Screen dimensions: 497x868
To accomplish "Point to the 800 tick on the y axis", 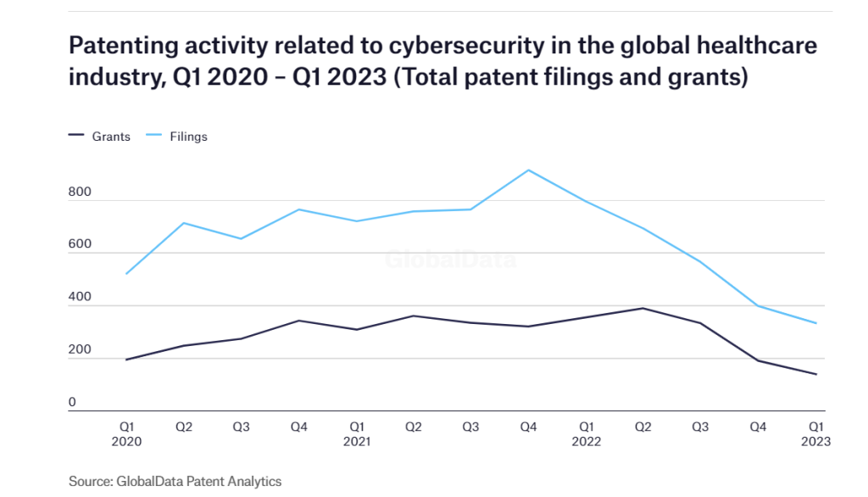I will pos(80,193).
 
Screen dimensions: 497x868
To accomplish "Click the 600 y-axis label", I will pos(80,245).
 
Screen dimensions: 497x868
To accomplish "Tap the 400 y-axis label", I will pos(80,298).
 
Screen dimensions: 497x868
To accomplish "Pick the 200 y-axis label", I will pos(80,350).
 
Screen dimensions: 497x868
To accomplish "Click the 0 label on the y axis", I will pos(73,403).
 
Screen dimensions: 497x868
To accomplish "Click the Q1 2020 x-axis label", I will pos(125,434).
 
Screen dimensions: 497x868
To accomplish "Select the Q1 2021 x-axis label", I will pos(356,434).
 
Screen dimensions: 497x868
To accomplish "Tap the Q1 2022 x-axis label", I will pos(587,434).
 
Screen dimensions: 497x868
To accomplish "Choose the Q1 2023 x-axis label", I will pos(816,434).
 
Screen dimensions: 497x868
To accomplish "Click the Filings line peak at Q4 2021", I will pos(529,170).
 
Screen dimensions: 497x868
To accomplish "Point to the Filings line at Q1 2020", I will pos(126,274).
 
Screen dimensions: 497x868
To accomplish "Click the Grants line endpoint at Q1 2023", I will pos(816,374).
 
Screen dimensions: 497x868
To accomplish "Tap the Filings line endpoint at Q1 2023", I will pos(816,323).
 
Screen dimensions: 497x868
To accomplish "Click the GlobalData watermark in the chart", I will pos(450,260).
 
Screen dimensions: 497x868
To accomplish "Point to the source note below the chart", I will pos(175,481).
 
